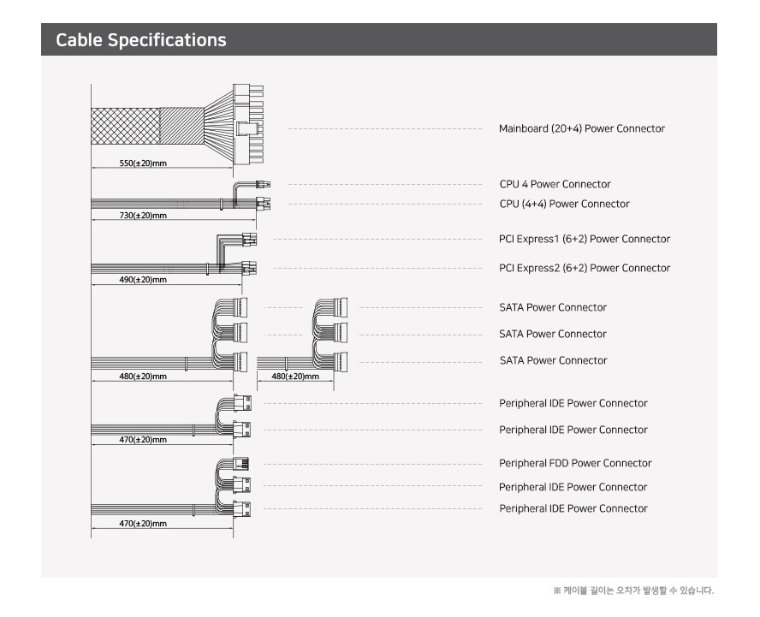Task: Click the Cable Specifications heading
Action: pos(141,40)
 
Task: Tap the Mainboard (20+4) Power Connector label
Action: pos(581,128)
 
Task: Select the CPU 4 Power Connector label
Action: pos(555,184)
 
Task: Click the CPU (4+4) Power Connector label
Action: pos(564,204)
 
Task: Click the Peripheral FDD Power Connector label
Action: pos(575,463)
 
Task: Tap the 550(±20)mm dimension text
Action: pos(143,163)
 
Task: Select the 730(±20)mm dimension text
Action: pos(143,215)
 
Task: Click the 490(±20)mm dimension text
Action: pos(143,279)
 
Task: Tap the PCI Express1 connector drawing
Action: pos(250,239)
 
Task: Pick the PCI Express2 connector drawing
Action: pos(249,268)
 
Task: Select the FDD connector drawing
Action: pos(241,464)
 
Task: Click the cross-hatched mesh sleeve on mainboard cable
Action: pos(126,126)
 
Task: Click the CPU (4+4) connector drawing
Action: pos(264,204)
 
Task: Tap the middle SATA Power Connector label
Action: pos(553,334)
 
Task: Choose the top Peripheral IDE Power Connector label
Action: pos(573,403)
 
